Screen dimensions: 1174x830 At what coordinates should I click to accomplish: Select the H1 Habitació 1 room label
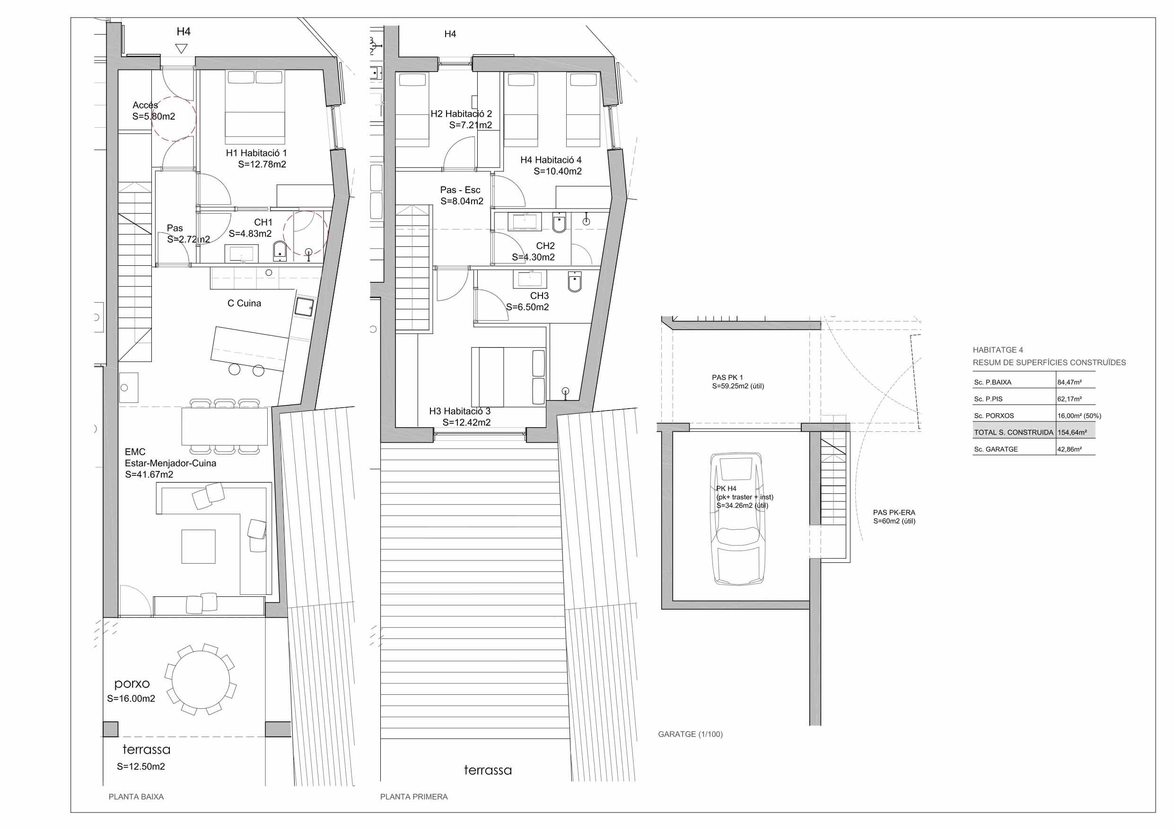pyautogui.click(x=256, y=153)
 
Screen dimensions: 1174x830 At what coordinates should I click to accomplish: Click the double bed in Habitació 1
pyautogui.click(x=255, y=107)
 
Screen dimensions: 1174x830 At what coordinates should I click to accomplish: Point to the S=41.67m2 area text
pyautogui.click(x=149, y=474)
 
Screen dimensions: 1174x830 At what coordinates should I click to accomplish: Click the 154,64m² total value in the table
pyautogui.click(x=1072, y=433)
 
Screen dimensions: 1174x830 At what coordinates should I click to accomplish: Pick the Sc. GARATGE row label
pyautogui.click(x=996, y=449)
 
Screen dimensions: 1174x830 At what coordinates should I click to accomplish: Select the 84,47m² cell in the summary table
pyautogui.click(x=1069, y=383)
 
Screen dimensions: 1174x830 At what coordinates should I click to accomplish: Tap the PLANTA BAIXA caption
pyautogui.click(x=136, y=797)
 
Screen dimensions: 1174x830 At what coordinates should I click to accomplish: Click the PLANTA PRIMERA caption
pyautogui.click(x=414, y=797)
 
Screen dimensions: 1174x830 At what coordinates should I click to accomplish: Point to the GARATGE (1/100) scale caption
pyautogui.click(x=690, y=734)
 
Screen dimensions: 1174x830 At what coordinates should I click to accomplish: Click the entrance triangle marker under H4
pyautogui.click(x=181, y=49)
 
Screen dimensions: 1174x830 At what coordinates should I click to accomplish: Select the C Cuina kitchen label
pyautogui.click(x=244, y=303)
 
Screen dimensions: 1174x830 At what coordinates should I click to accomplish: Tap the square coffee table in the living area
pyautogui.click(x=198, y=547)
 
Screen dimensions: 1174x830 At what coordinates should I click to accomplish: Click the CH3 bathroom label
pyautogui.click(x=539, y=296)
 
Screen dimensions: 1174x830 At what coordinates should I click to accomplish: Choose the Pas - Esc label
pyautogui.click(x=460, y=190)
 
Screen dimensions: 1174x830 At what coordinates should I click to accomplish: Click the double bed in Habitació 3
pyautogui.click(x=508, y=376)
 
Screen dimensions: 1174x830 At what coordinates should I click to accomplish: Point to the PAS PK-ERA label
pyautogui.click(x=894, y=512)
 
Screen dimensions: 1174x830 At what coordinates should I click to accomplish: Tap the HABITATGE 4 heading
pyautogui.click(x=998, y=350)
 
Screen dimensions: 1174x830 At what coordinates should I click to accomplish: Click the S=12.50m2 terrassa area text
pyautogui.click(x=140, y=767)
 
